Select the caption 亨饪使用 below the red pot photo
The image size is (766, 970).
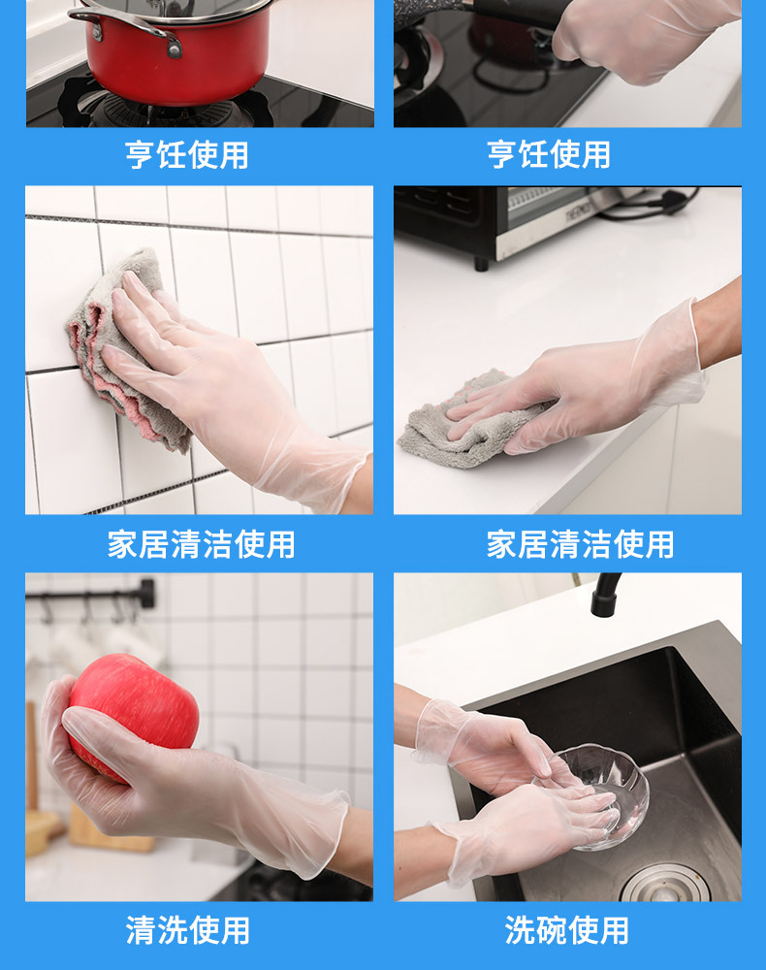point(187,154)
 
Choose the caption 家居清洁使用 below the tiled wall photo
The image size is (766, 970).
point(201,544)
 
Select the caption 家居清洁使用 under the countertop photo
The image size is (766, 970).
point(580,544)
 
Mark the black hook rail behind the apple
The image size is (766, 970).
point(92,594)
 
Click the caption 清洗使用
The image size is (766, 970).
point(187,930)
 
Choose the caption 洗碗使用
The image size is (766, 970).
point(566,930)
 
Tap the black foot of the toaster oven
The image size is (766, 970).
point(480,263)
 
